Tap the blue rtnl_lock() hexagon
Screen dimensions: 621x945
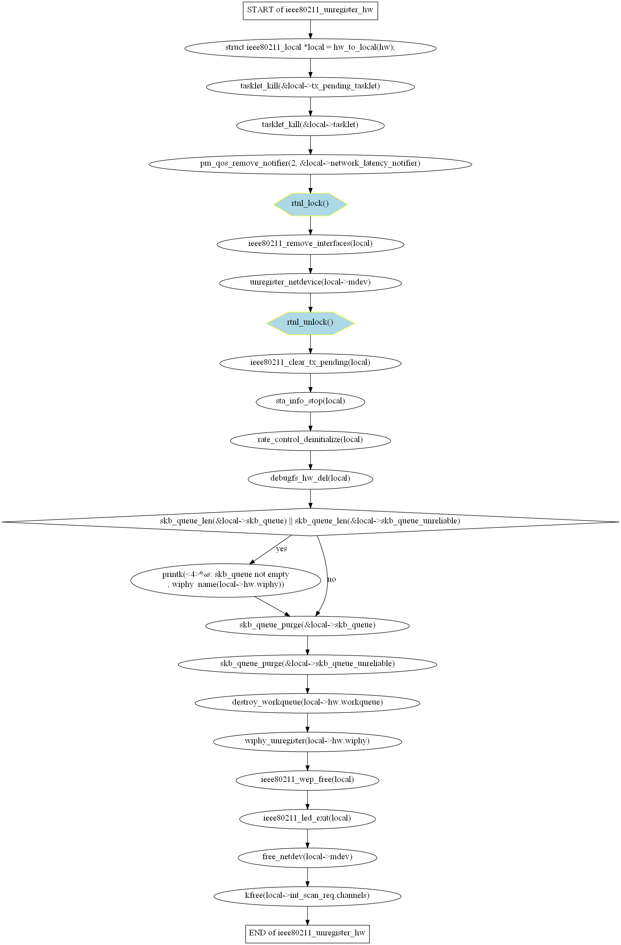(310, 204)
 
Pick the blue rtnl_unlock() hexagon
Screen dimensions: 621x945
(310, 323)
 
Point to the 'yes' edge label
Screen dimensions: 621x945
(282, 549)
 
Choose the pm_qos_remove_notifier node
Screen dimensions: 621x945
(310, 163)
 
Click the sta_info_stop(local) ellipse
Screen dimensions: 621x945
(310, 402)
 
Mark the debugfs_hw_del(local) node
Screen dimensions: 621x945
(310, 478)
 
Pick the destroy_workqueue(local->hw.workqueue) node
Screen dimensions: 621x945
(307, 702)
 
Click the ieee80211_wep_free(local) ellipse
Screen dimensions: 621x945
(307, 780)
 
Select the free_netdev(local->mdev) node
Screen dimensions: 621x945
(307, 857)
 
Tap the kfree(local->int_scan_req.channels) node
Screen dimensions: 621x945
(307, 896)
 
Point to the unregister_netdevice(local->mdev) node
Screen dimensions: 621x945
(310, 283)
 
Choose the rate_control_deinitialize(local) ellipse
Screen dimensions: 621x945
(310, 440)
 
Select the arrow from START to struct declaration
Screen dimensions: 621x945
(310, 29)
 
